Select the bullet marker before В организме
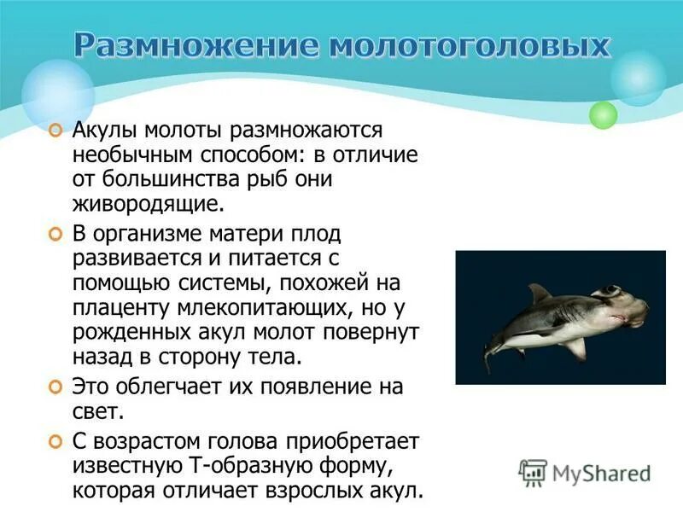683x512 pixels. [x=55, y=233]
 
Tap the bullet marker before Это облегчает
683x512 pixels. [x=55, y=387]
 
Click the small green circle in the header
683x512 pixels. [x=603, y=114]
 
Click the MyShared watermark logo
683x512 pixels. [x=585, y=472]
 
